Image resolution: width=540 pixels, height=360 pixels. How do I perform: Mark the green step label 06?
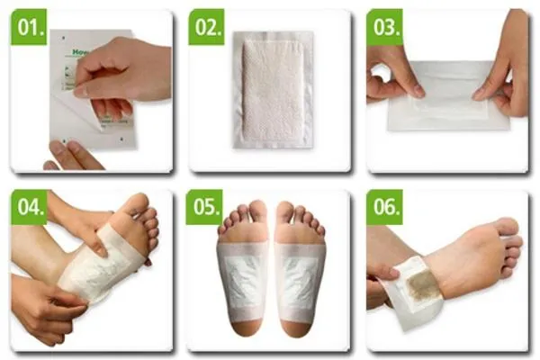(384, 207)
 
